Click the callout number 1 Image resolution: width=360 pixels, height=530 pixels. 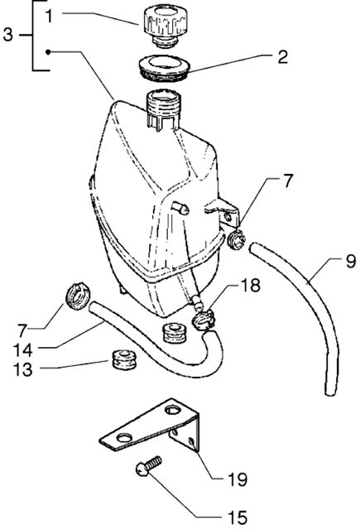[50, 16]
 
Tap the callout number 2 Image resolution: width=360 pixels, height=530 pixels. [282, 57]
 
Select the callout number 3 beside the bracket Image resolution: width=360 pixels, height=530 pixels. [8, 35]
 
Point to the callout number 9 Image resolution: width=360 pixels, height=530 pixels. [351, 262]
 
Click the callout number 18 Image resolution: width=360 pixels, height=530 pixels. [250, 285]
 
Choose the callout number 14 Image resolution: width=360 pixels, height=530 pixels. [23, 350]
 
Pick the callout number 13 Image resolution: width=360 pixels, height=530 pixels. [23, 369]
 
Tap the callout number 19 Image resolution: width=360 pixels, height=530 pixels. [238, 479]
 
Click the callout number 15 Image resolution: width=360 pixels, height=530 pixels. [238, 517]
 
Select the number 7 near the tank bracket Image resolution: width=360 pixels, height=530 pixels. [288, 181]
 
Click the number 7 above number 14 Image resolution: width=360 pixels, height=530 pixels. [22, 330]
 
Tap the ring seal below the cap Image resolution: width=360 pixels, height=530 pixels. [164, 69]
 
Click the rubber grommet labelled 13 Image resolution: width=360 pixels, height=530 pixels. [124, 359]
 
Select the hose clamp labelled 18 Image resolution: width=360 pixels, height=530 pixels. [204, 319]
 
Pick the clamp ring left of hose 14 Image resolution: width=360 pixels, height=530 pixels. [77, 296]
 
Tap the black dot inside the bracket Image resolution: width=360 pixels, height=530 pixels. [48, 52]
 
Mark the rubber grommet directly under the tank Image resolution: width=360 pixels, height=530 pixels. [175, 333]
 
